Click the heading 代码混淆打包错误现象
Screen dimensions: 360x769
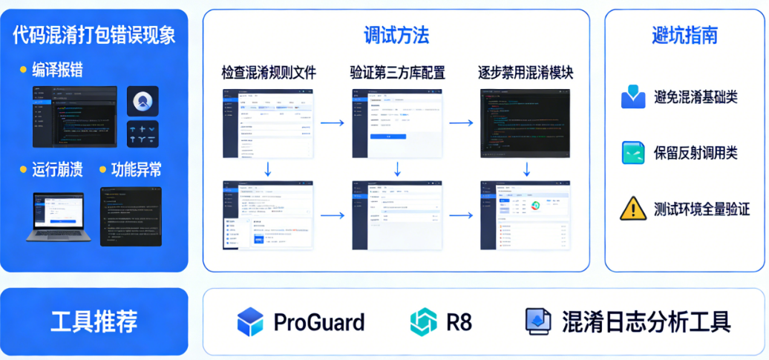(x=94, y=35)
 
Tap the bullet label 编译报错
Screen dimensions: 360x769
(x=57, y=70)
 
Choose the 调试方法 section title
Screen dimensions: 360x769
(x=396, y=35)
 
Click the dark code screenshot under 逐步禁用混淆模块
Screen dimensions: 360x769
(x=526, y=122)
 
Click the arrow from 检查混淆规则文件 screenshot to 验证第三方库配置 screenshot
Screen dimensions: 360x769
(x=332, y=122)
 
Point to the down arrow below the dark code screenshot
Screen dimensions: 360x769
(x=526, y=169)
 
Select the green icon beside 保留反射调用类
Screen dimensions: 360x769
(x=632, y=152)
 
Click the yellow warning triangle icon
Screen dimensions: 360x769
(x=632, y=208)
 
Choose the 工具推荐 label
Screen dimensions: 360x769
(x=94, y=321)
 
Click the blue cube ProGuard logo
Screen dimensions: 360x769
(x=250, y=322)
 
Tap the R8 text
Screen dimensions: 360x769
(x=459, y=322)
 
